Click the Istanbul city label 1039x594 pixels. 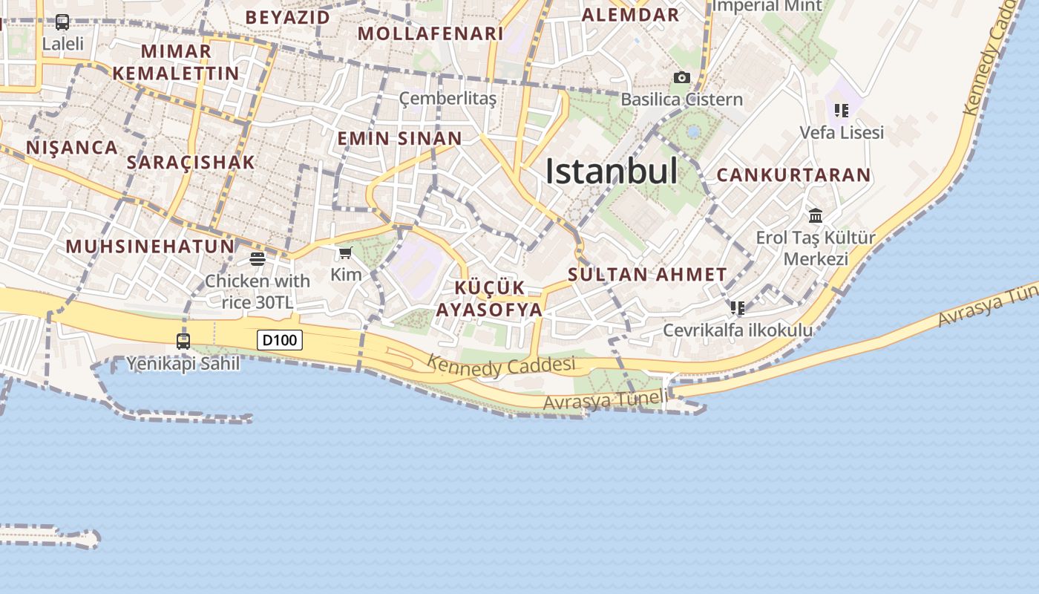pos(612,172)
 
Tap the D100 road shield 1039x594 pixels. pos(280,341)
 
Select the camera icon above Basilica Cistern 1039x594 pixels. pos(681,77)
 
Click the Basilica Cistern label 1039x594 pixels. pos(681,99)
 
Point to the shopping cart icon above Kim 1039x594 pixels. pos(345,253)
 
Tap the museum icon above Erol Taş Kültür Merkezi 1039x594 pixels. pos(816,216)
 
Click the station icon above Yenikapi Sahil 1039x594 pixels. pos(183,342)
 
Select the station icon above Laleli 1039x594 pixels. pos(62,22)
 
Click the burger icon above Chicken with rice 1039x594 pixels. pos(258,259)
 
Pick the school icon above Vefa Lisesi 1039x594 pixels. pos(841,111)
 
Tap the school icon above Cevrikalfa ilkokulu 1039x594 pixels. pos(737,307)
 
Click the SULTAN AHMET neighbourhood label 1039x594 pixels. pos(647,274)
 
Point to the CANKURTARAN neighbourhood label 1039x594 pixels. pos(793,175)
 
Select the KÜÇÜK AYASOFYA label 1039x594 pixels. pos(490,299)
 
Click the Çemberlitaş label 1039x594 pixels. pos(448,99)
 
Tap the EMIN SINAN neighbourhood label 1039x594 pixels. pos(399,139)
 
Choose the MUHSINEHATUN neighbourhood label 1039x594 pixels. pos(150,246)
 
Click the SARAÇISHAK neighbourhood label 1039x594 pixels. pos(191,163)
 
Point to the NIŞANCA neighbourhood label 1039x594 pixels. pos(72,147)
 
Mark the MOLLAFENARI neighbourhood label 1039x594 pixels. pos(430,33)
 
